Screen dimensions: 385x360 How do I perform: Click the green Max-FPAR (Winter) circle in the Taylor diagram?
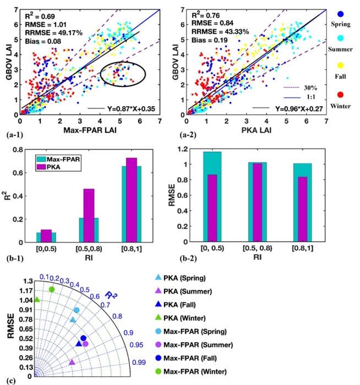(52, 289)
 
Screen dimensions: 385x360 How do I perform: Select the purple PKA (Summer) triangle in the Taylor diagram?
(72, 362)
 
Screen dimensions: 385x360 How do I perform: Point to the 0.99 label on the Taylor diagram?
(139, 362)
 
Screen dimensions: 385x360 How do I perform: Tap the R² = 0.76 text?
(206, 7)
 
